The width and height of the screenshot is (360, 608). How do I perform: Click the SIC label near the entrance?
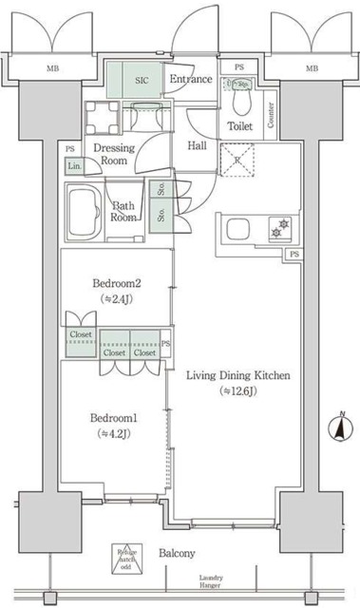point(142,81)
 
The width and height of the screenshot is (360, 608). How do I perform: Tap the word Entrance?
point(190,79)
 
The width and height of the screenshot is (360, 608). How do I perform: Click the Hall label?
point(197,145)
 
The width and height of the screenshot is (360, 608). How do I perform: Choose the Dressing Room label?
point(113,155)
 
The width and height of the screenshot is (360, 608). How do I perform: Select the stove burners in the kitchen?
point(277,228)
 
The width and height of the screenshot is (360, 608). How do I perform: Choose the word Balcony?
point(178,553)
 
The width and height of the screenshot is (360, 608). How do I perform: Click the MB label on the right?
point(311,68)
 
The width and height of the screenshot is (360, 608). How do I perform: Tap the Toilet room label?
point(238,126)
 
